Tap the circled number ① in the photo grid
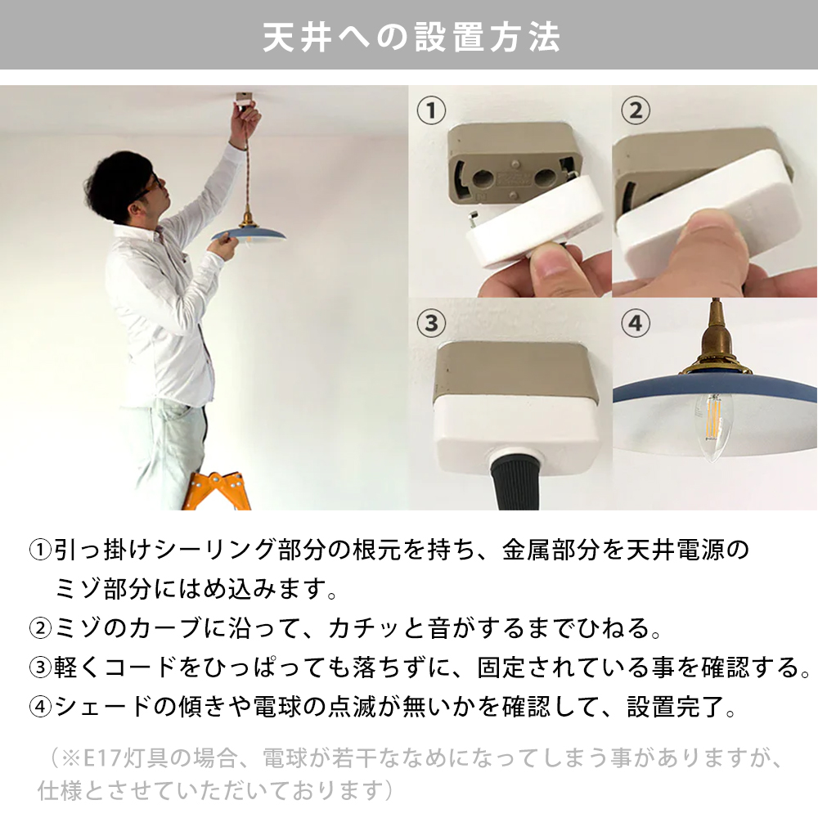(x=431, y=110)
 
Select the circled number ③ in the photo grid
(x=431, y=322)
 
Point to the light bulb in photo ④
(x=713, y=421)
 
